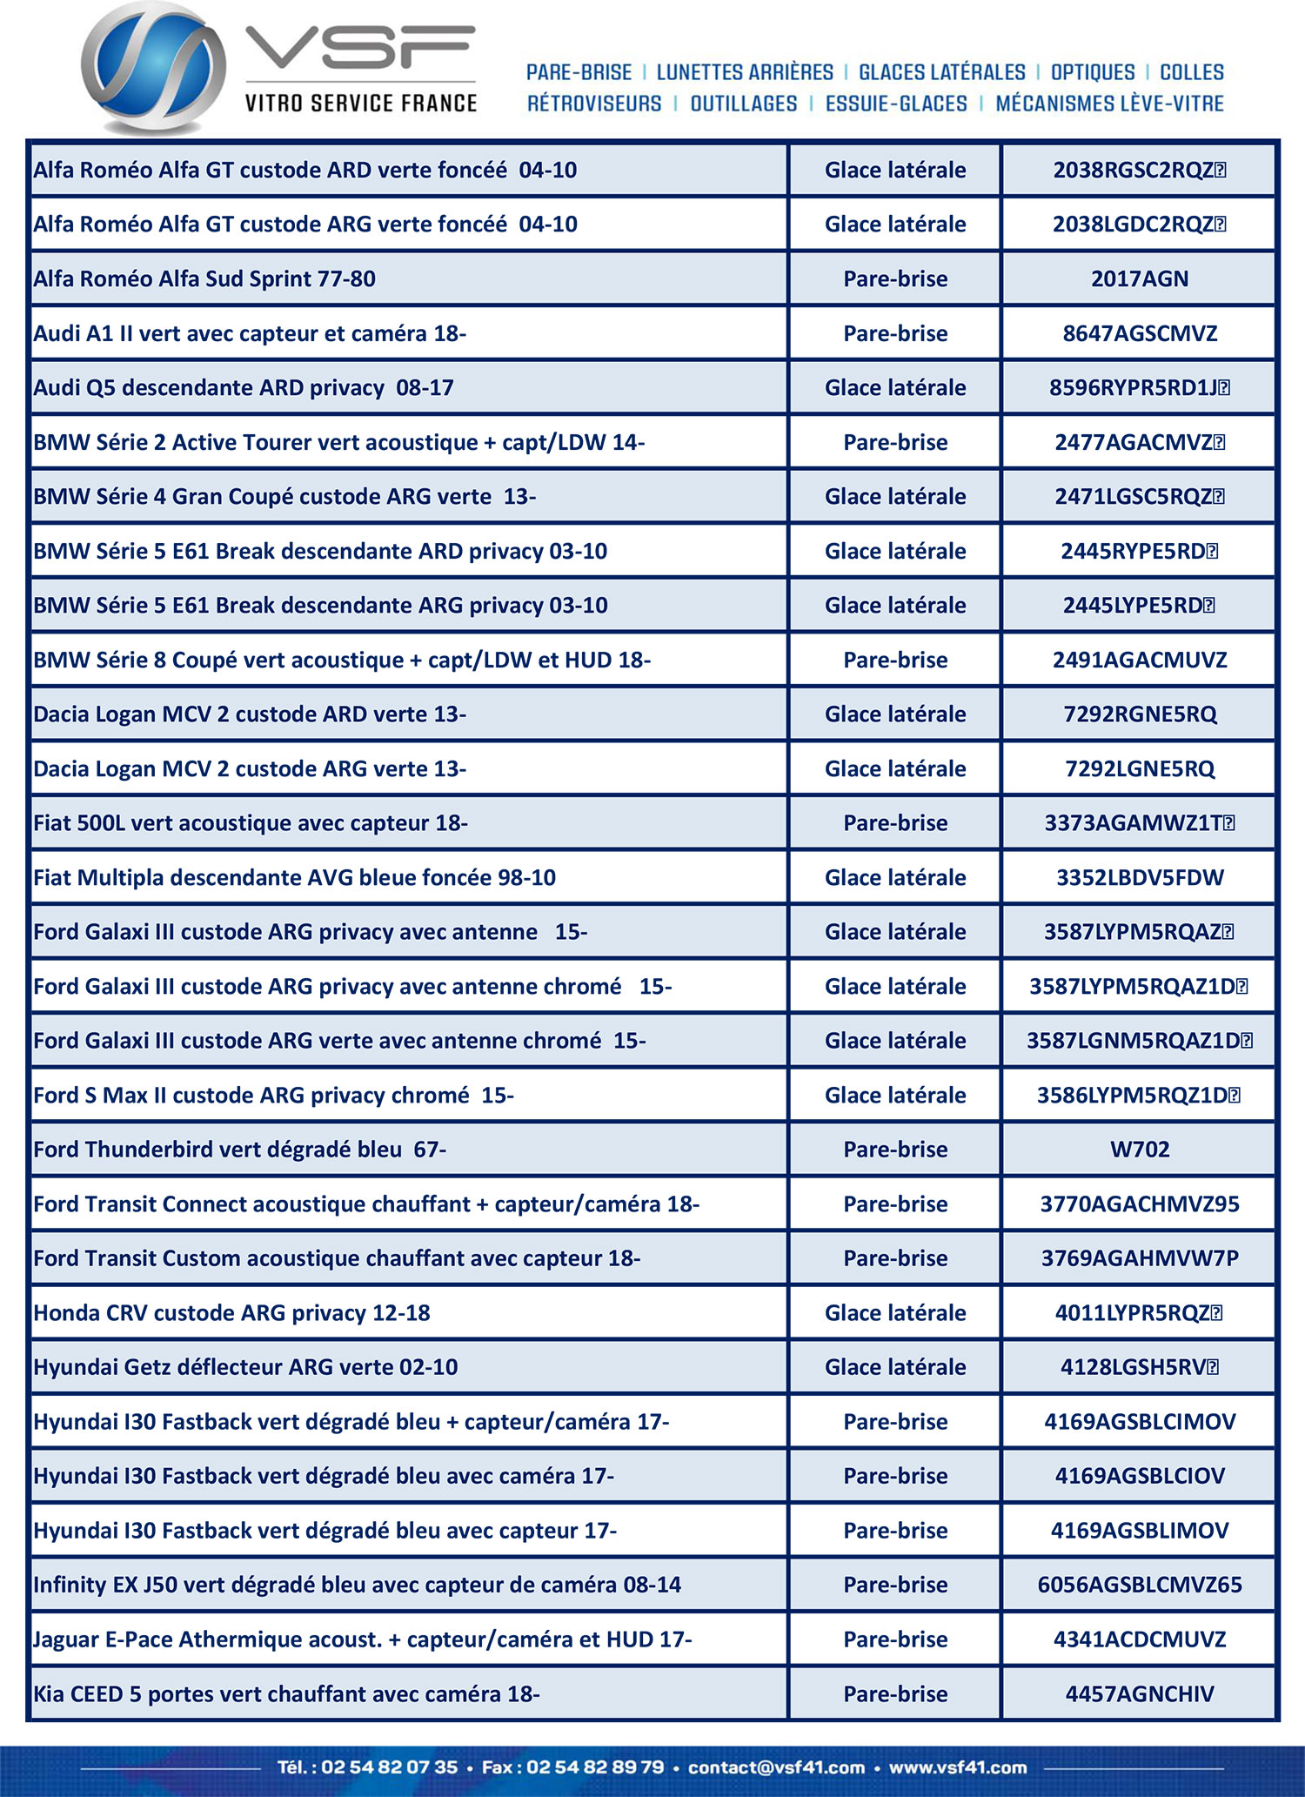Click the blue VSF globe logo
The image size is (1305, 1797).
click(153, 68)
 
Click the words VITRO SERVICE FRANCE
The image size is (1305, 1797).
click(361, 104)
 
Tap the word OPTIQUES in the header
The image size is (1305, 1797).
click(1093, 72)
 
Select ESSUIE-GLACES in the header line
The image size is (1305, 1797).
click(895, 104)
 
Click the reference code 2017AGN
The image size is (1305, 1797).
click(1139, 279)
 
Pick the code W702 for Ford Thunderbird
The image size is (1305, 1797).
click(1139, 1150)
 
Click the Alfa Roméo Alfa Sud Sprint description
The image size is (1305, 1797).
click(204, 279)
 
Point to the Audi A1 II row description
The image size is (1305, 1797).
click(250, 333)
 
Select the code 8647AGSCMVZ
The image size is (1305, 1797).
click(1139, 333)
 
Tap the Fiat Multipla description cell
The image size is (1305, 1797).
click(294, 877)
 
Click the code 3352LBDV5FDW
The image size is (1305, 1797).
click(1139, 877)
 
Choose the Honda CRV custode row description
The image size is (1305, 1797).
click(231, 1312)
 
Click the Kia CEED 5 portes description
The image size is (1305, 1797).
click(286, 1693)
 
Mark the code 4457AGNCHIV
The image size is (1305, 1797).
click(1139, 1693)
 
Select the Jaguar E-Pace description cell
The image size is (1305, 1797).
click(362, 1639)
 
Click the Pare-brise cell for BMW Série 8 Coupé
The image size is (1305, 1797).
click(895, 660)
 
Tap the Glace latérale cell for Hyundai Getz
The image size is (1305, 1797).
click(895, 1367)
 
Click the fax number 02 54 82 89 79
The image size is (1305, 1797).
click(595, 1767)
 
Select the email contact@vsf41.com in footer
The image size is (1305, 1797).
click(776, 1767)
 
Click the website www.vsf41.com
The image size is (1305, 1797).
click(957, 1767)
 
